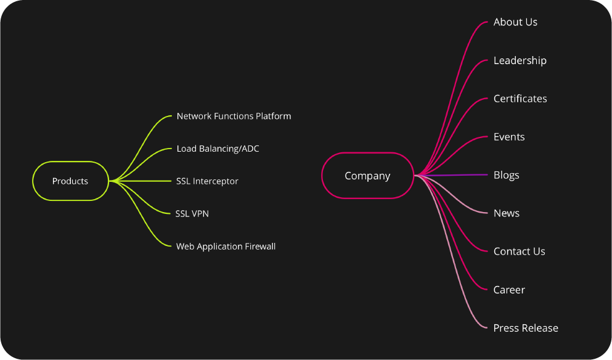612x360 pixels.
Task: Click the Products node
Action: (x=70, y=181)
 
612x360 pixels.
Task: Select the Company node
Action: (x=367, y=176)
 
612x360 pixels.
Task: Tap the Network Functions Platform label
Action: (x=234, y=116)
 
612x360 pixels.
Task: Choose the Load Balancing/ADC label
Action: (x=218, y=149)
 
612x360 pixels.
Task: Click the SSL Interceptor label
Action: (x=207, y=181)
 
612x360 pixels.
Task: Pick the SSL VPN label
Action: (x=192, y=213)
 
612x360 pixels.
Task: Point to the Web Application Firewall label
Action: (x=226, y=247)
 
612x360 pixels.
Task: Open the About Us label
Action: (x=515, y=22)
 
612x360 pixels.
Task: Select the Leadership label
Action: (x=520, y=60)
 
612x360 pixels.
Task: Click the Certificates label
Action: (x=520, y=99)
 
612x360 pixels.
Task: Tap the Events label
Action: (x=509, y=137)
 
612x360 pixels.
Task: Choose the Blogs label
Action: (x=506, y=175)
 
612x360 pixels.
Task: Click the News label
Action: (x=506, y=213)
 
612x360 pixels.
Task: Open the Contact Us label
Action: (x=519, y=252)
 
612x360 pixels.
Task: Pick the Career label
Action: (x=509, y=290)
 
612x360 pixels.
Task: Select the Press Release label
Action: (x=526, y=328)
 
